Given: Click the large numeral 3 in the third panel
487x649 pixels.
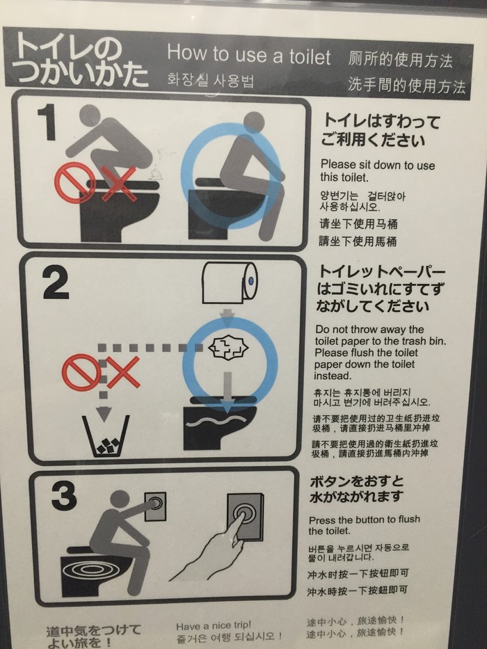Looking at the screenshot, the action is click(x=64, y=495).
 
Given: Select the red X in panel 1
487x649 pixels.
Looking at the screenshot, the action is click(x=119, y=184).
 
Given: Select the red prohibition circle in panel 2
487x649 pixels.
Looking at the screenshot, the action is click(x=81, y=371).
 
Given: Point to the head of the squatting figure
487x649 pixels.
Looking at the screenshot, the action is click(x=89, y=115).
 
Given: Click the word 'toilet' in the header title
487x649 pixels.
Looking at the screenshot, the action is click(x=310, y=57).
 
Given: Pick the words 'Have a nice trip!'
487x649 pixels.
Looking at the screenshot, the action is click(x=214, y=625).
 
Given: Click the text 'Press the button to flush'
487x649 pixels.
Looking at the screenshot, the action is click(x=365, y=520).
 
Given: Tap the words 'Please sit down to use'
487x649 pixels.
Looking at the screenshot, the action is click(x=378, y=165).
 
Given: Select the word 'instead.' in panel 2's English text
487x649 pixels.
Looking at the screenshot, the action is click(x=333, y=376).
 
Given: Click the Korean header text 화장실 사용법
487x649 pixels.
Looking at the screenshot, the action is click(x=210, y=80).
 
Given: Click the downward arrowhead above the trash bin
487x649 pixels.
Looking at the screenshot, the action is click(x=104, y=412).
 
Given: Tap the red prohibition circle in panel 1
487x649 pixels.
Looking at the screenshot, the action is click(x=74, y=182).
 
